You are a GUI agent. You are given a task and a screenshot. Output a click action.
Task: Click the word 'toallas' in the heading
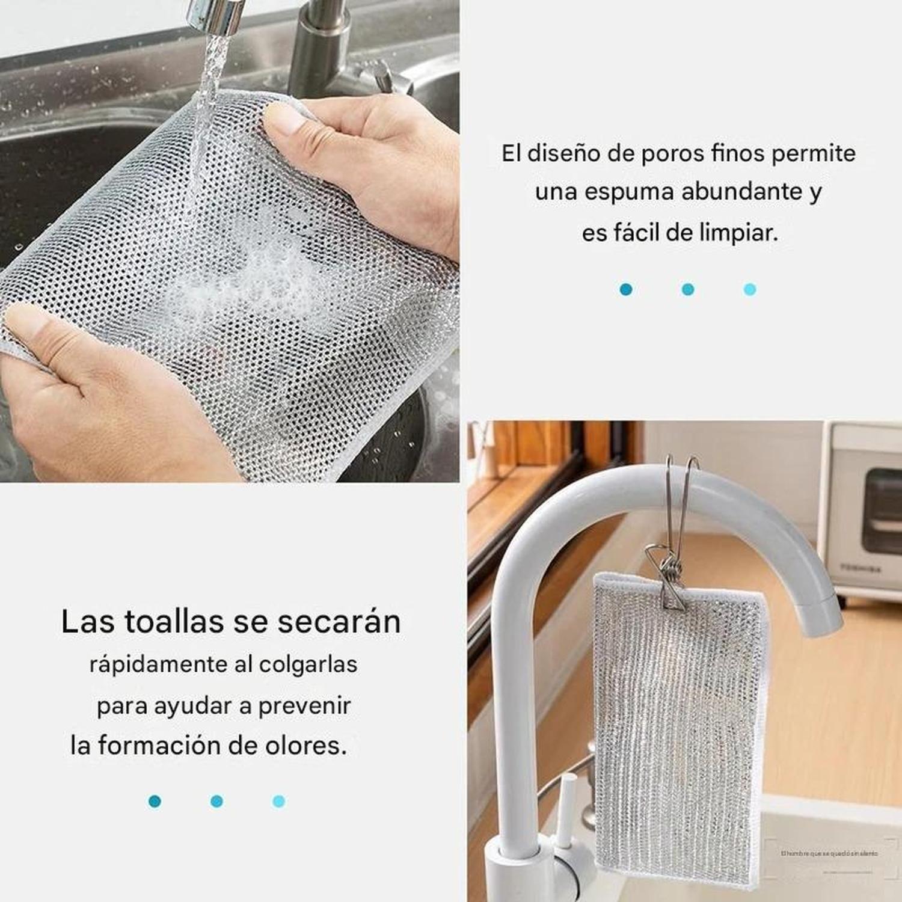(174, 622)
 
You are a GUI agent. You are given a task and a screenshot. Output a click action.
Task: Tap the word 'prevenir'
(304, 706)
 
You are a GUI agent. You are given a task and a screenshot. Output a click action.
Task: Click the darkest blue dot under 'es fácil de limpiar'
(626, 290)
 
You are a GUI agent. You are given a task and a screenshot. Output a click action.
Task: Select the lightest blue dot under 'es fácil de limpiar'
(750, 290)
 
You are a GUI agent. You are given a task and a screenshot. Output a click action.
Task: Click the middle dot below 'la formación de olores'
(217, 801)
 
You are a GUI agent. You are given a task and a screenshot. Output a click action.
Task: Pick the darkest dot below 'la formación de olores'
(155, 801)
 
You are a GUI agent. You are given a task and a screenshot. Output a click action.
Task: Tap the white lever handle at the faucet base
(565, 809)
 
